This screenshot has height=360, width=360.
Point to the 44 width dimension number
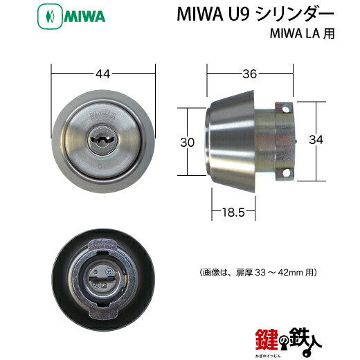pyautogui.click(x=102, y=73)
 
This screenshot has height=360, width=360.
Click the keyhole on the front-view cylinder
pyautogui.click(x=102, y=138)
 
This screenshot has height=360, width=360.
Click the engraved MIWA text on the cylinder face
pyautogui.click(x=102, y=111)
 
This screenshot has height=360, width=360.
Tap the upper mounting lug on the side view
pyautogui.click(x=287, y=108)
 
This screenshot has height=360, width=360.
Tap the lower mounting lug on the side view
pyautogui.click(x=286, y=173)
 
